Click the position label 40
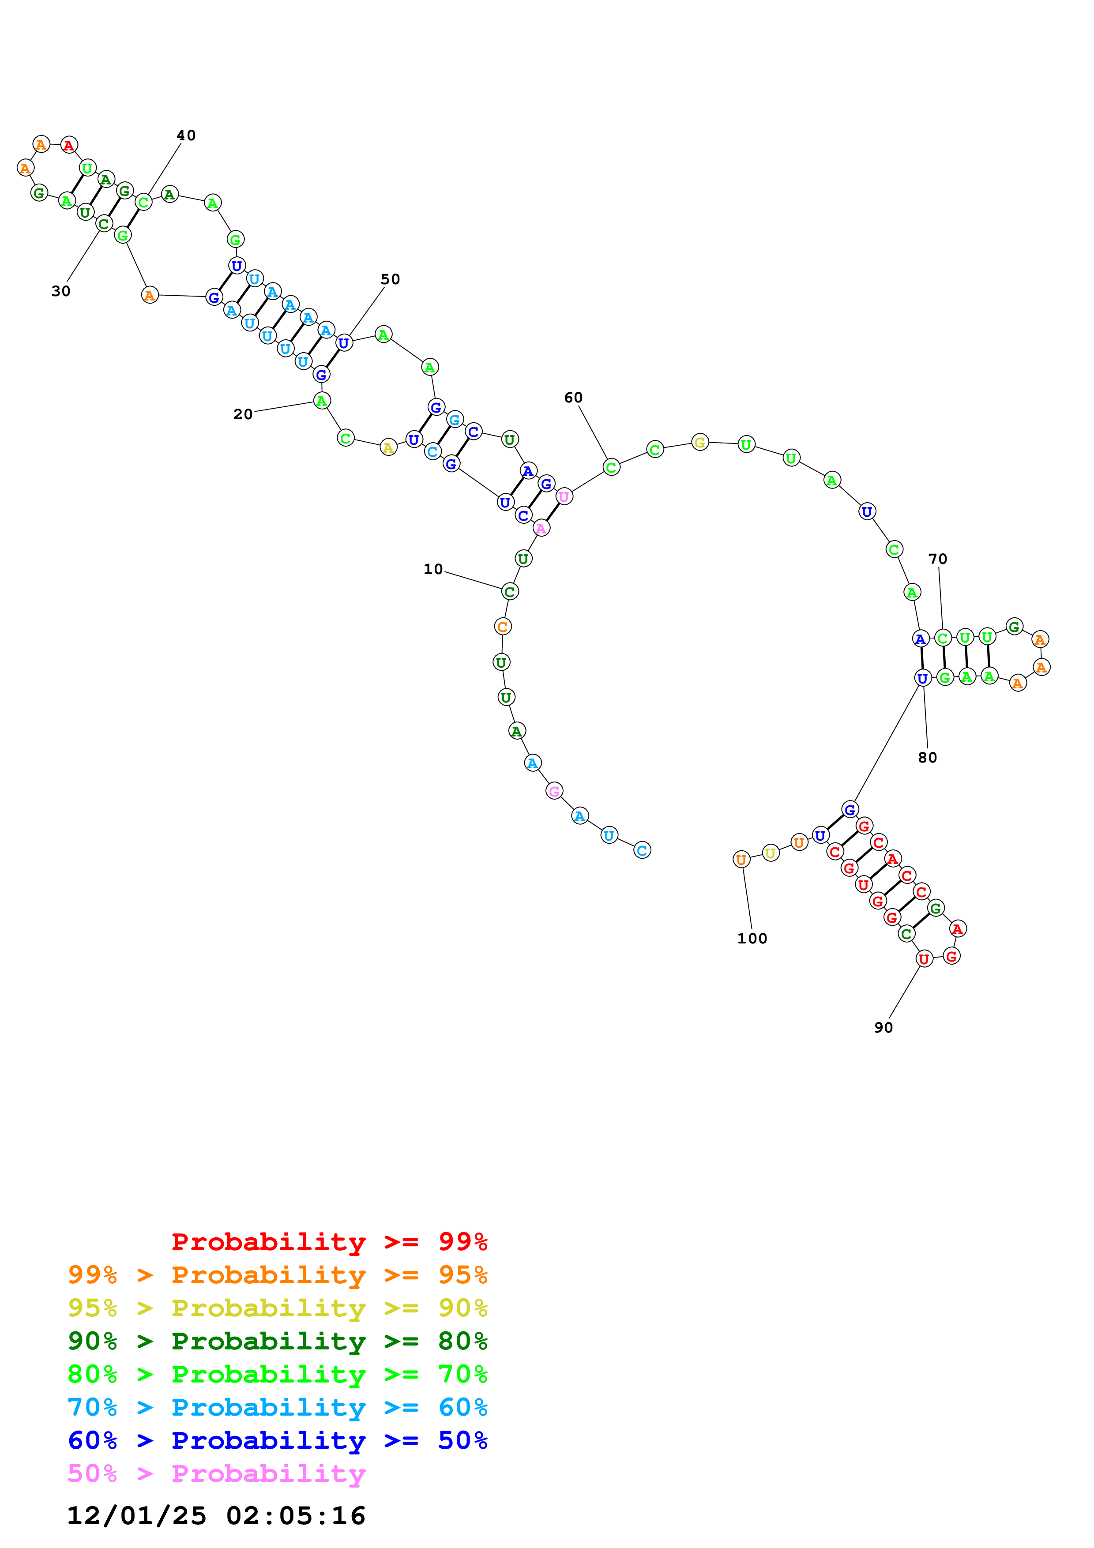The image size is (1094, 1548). [x=186, y=135]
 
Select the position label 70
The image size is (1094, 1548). [x=938, y=559]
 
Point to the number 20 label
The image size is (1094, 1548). [x=243, y=414]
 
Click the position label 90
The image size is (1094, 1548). [x=883, y=1027]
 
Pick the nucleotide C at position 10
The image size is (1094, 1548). [x=510, y=591]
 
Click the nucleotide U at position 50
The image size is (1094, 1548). [x=344, y=342]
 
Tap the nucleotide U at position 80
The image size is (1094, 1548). [x=922, y=678]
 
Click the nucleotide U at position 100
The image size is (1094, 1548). [x=741, y=859]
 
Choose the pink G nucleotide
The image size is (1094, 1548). [x=554, y=791]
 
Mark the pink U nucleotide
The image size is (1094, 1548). [x=564, y=496]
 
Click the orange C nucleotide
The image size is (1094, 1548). [x=502, y=626]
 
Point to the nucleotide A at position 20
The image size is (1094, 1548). [x=322, y=401]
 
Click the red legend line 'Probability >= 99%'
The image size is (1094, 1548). [x=329, y=1241]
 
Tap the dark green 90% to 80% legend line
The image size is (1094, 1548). [x=277, y=1341]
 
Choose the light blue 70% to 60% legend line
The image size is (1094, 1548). [x=277, y=1407]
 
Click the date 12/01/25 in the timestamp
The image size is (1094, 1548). [x=136, y=1516]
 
